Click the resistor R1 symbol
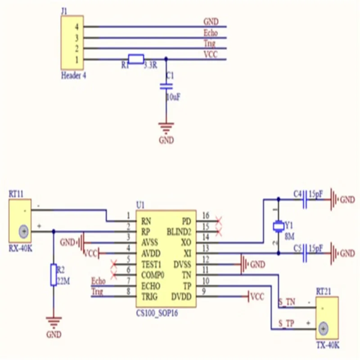click(136, 59)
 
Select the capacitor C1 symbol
click(166, 86)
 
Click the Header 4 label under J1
click(73, 76)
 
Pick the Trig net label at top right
click(209, 44)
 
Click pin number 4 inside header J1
click(77, 27)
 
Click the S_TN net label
click(286, 303)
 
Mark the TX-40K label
click(328, 345)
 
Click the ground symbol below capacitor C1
click(166, 128)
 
